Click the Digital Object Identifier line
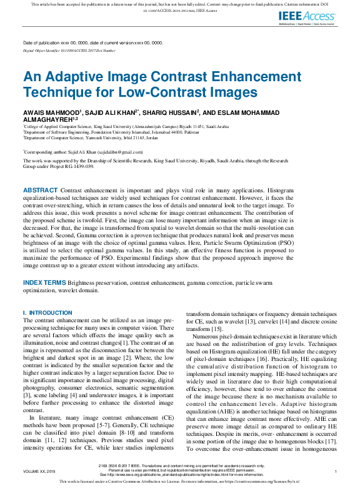pos(69,50)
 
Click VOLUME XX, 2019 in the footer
pos(39,471)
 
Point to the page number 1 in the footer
pos(336,471)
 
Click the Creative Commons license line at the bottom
pos(180,482)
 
